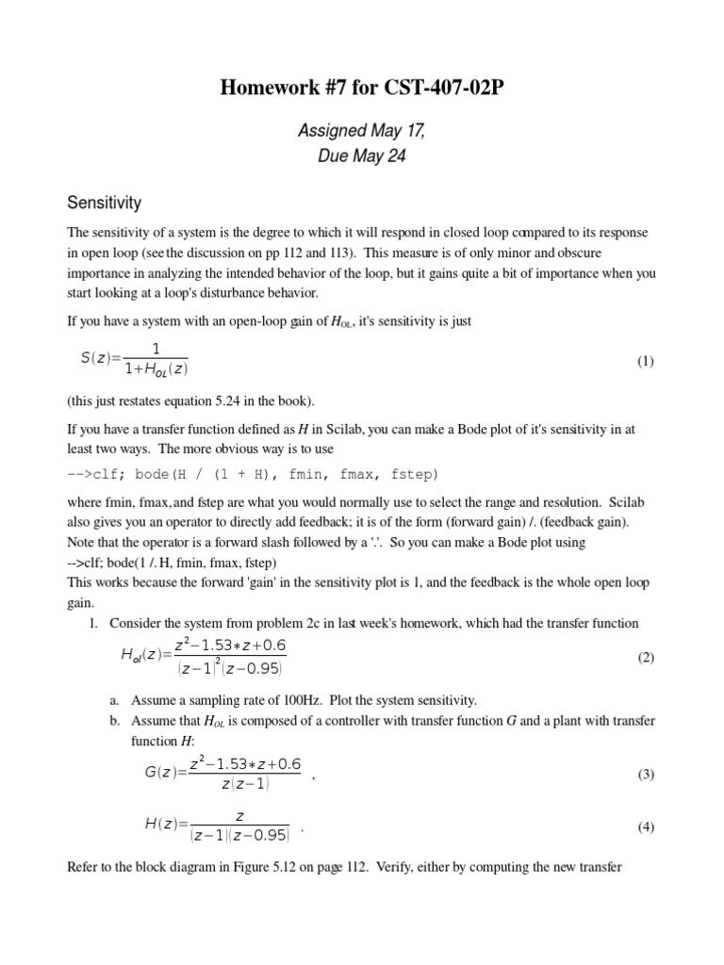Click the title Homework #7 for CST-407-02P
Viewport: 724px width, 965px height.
pyautogui.click(x=361, y=90)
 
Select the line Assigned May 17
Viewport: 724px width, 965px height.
pyautogui.click(x=361, y=131)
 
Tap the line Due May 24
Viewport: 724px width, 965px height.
pyautogui.click(x=361, y=156)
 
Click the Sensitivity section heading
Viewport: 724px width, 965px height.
pyautogui.click(x=104, y=203)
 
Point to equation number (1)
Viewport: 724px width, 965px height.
pyautogui.click(x=645, y=361)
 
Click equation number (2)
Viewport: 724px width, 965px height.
pyautogui.click(x=645, y=658)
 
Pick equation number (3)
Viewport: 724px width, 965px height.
pyautogui.click(x=645, y=775)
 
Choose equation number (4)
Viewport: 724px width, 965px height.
pyautogui.click(x=645, y=827)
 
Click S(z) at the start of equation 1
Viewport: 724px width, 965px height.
pyautogui.click(x=95, y=361)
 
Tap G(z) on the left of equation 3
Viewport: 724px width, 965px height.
pyautogui.click(x=161, y=775)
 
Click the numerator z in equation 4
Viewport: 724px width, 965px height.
pyautogui.click(x=239, y=816)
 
